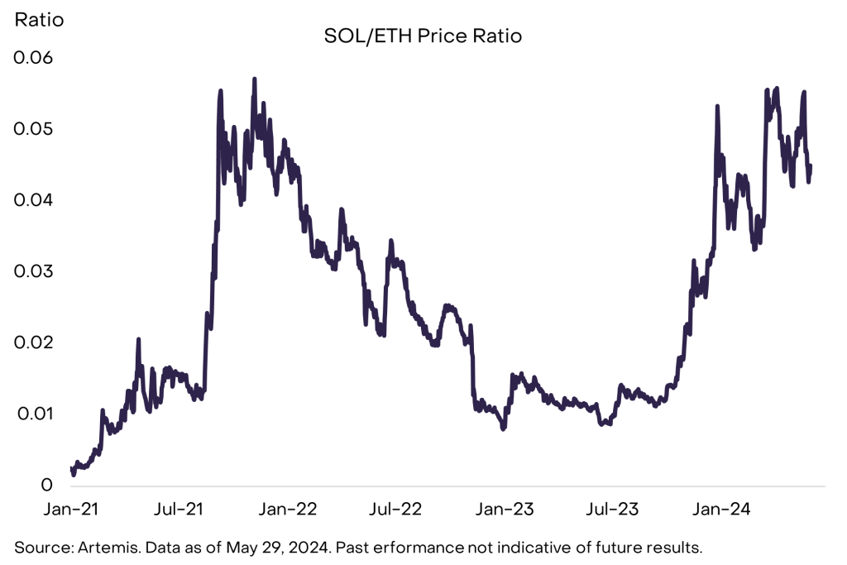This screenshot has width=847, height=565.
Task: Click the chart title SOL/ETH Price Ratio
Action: (x=423, y=37)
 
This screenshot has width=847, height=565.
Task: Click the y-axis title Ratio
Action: (x=37, y=19)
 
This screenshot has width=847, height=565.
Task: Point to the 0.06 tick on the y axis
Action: (x=32, y=58)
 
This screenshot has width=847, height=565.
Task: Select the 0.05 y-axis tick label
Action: (x=32, y=129)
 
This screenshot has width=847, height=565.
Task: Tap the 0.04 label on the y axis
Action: (x=32, y=200)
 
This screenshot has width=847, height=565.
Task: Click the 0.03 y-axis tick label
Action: (x=32, y=271)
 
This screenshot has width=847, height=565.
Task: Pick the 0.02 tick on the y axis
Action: (x=32, y=342)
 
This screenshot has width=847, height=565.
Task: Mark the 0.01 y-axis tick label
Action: (x=32, y=414)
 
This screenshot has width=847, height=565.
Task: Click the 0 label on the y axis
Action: (x=48, y=485)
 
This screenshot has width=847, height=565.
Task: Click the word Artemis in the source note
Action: (x=103, y=547)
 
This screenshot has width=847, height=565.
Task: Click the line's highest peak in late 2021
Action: (x=255, y=79)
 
